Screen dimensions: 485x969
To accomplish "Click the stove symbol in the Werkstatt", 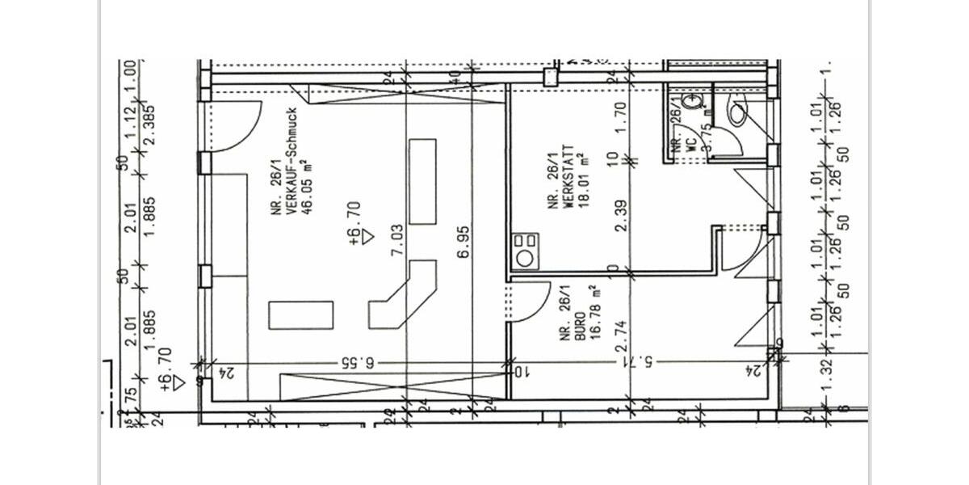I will [525, 251].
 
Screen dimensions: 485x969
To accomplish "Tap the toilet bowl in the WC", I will [736, 112].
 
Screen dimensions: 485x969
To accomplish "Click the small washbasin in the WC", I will [692, 103].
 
